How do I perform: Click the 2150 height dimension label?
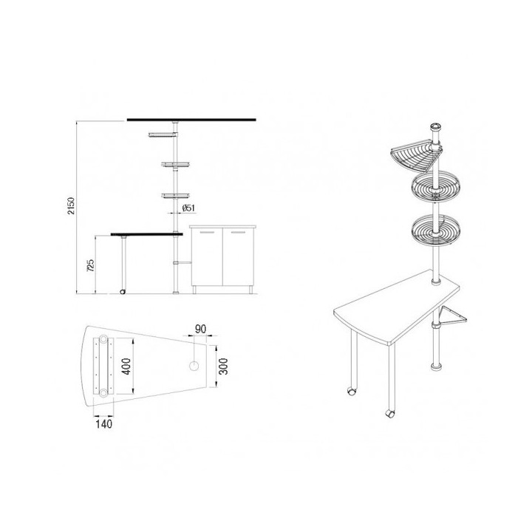coord(71,205)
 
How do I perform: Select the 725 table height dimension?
coord(91,265)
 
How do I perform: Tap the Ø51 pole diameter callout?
coord(188,208)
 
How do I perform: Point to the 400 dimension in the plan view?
coord(126,366)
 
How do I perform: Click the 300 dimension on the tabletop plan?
coord(223,366)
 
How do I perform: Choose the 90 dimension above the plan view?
coord(200,328)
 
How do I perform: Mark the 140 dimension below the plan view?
coord(104,424)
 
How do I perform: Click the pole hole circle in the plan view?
coord(194,366)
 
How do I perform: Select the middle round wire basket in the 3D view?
coord(435,187)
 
